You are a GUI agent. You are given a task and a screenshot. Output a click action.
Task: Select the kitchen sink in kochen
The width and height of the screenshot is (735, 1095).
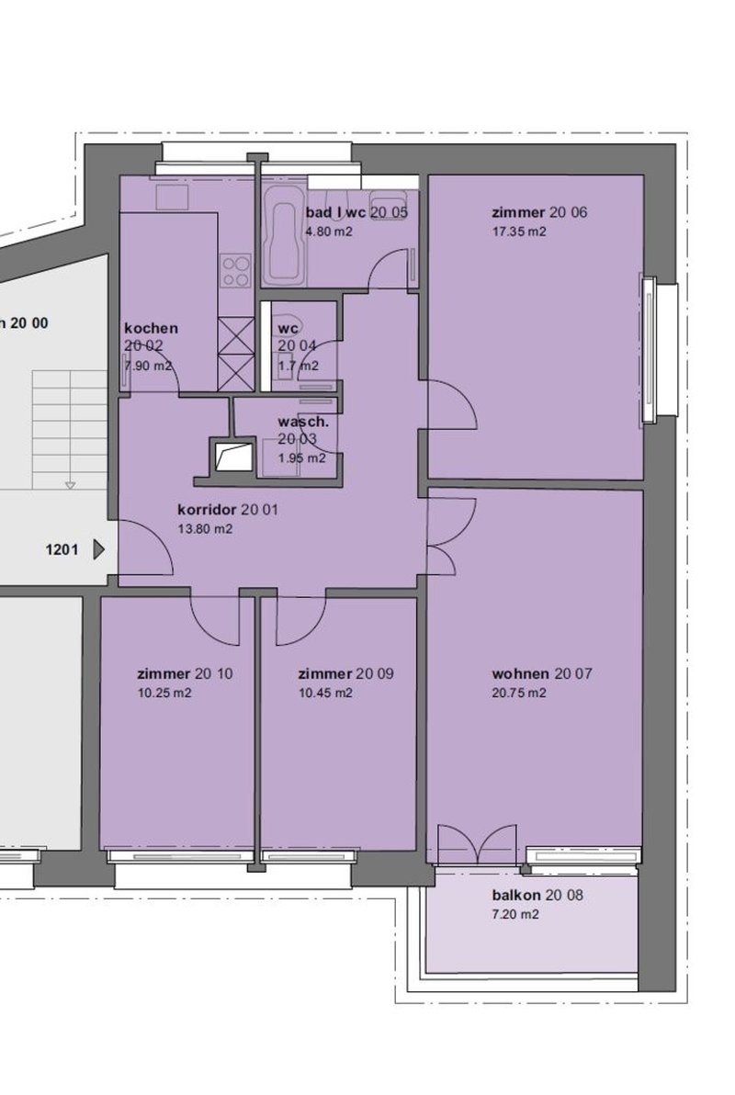[x=171, y=196]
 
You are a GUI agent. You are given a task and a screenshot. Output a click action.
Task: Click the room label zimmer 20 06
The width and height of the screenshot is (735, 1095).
[x=539, y=213]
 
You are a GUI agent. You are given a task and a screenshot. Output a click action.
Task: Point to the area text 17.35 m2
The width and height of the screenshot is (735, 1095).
[x=519, y=232]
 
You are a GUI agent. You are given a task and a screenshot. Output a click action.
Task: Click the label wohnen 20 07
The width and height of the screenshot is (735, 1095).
[x=542, y=673]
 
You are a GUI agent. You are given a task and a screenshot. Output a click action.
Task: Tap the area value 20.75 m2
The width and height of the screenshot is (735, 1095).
[x=519, y=694]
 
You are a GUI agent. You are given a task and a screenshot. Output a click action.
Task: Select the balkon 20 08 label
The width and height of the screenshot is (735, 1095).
[x=537, y=895]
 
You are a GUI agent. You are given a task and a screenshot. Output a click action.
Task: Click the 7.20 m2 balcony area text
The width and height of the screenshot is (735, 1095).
[x=515, y=915]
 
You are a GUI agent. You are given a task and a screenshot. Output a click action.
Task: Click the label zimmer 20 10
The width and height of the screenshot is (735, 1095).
[x=185, y=673]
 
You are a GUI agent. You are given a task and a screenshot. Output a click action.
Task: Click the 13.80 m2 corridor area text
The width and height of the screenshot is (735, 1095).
[x=203, y=529]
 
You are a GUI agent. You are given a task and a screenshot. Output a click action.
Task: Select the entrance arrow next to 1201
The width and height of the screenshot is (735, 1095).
[x=99, y=550]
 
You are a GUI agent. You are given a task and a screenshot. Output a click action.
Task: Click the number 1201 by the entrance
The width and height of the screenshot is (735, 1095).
[x=62, y=550]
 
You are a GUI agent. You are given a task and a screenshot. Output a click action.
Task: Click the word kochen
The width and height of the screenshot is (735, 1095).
[x=151, y=328]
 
